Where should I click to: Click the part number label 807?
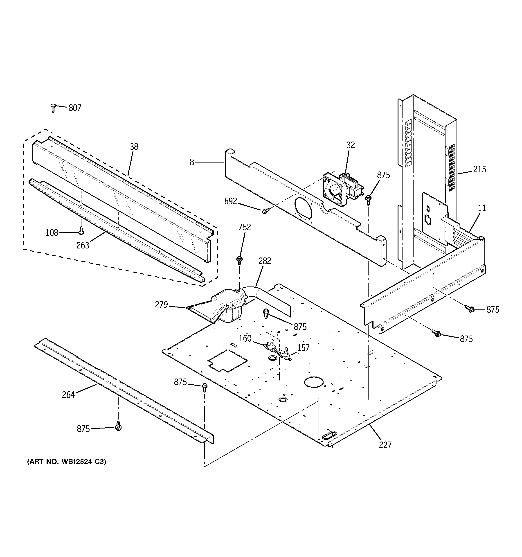point(75,108)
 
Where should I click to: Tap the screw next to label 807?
point(53,107)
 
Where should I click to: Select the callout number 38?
point(134,147)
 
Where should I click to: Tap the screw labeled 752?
point(240,260)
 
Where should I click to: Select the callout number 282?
point(265,261)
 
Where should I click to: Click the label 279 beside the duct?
point(161,304)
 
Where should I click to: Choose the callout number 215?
point(479,169)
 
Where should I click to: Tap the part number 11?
point(482,208)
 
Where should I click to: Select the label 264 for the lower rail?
point(68,395)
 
